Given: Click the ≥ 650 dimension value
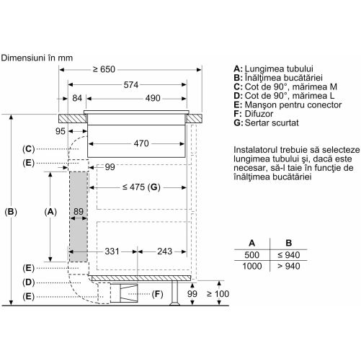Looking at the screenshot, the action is point(104,69).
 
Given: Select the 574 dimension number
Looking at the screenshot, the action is point(131,85).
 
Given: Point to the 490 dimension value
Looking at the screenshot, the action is point(153,98).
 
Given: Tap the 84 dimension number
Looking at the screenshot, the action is point(77,98).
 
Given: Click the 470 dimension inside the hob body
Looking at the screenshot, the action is point(141,143).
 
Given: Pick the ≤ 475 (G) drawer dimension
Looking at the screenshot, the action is point(141,187).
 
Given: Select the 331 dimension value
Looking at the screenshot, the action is point(112,251).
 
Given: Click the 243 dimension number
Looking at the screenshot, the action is point(165,251).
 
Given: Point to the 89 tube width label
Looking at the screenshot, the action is point(79,212).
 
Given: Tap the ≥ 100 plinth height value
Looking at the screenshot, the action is point(218,294).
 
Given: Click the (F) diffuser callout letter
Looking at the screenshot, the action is point(157,294).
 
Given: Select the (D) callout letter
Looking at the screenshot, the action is point(29,282).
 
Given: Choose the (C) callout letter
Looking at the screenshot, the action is point(29,149).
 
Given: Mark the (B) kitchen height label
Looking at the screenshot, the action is point(11,212).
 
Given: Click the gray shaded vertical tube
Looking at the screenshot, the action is point(79,217).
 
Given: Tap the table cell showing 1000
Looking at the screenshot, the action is point(252,266).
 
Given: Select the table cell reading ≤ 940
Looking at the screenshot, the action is point(289,255).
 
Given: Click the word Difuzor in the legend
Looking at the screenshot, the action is point(259,114).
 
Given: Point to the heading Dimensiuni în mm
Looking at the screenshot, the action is point(37,58).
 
